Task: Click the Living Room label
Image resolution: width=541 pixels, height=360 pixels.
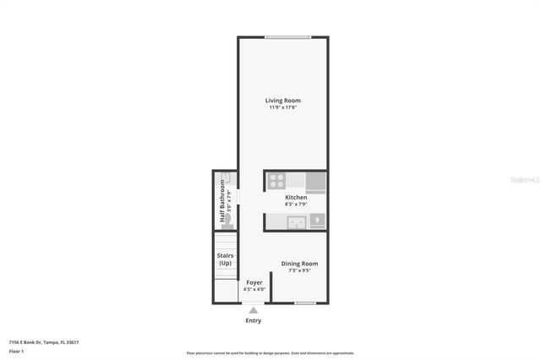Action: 283,101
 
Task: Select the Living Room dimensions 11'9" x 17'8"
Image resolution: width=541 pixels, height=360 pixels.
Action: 283,107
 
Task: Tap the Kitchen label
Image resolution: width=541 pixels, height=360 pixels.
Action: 295,197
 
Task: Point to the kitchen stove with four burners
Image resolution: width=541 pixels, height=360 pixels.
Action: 276,180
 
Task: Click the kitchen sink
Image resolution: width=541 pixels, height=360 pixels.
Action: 296,222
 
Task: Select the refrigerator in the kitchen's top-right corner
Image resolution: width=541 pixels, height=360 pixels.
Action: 315,182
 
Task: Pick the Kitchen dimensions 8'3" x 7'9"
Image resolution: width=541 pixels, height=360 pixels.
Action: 295,204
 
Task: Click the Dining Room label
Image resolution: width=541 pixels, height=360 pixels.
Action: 299,264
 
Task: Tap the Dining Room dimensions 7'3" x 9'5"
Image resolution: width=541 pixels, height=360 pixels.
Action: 299,270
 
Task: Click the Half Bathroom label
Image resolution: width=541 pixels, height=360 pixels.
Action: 222,195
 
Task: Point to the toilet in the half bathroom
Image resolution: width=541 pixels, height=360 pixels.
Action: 226,218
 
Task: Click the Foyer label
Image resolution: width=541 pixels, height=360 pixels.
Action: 254,282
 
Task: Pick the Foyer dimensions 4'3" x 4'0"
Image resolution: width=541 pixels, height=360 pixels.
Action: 254,289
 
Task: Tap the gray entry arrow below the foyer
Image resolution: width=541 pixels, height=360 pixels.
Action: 253,311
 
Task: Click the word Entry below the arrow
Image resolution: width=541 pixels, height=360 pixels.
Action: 253,320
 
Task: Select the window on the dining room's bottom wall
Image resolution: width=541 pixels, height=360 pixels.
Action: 304,303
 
